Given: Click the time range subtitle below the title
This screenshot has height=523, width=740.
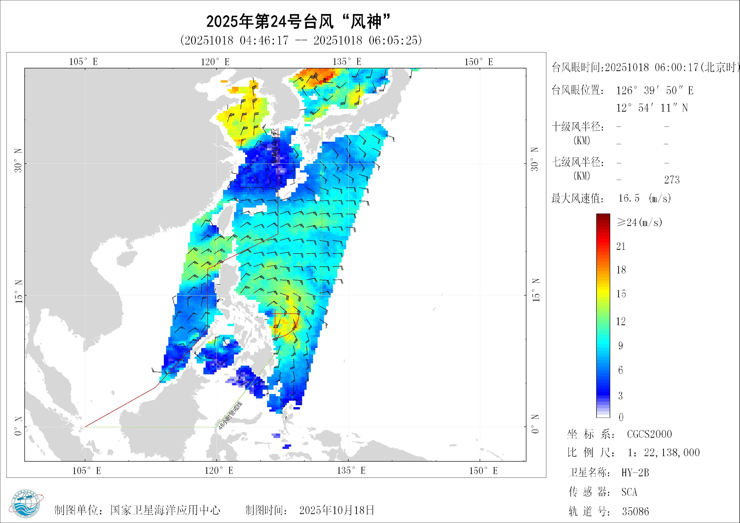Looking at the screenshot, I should (x=301, y=41).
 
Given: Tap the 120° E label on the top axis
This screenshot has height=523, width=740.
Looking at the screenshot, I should (x=215, y=62).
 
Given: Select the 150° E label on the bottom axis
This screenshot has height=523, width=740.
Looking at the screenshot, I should (x=483, y=471).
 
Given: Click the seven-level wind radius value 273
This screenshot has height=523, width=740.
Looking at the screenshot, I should (x=672, y=180).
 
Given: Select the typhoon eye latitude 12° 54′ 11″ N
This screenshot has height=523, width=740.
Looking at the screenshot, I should (x=652, y=108).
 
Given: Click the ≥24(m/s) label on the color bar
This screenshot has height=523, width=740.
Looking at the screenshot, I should (x=639, y=222).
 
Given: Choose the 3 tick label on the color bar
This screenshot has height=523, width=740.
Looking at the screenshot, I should (x=620, y=396).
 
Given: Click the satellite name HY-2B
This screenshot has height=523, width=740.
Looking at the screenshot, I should (x=635, y=473).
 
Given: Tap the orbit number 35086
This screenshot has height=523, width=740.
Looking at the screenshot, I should (x=635, y=511).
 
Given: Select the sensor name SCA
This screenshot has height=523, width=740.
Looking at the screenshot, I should (x=629, y=492).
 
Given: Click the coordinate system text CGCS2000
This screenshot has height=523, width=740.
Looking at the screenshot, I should (x=649, y=434).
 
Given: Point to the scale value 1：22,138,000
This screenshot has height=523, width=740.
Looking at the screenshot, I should (x=664, y=453).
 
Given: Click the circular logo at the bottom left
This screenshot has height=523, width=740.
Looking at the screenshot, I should (x=27, y=505).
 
